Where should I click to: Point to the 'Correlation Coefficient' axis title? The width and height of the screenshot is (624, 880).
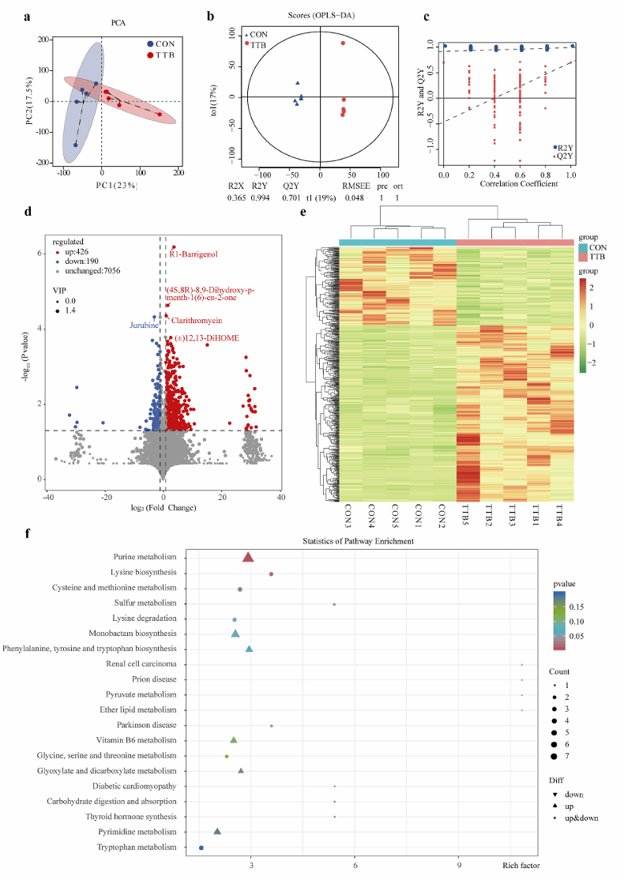pyautogui.click(x=506, y=184)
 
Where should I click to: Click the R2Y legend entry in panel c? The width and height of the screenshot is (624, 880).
pyautogui.click(x=564, y=147)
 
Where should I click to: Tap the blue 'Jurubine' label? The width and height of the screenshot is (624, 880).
pyautogui.click(x=145, y=325)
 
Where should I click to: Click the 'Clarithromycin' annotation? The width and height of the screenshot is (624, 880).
pyautogui.click(x=197, y=321)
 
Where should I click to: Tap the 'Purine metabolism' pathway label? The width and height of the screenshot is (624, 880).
pyautogui.click(x=145, y=557)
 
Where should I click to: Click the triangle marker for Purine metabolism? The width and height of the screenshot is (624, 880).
pyautogui.click(x=248, y=557)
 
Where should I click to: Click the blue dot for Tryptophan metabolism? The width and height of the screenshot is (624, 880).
pyautogui.click(x=201, y=847)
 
